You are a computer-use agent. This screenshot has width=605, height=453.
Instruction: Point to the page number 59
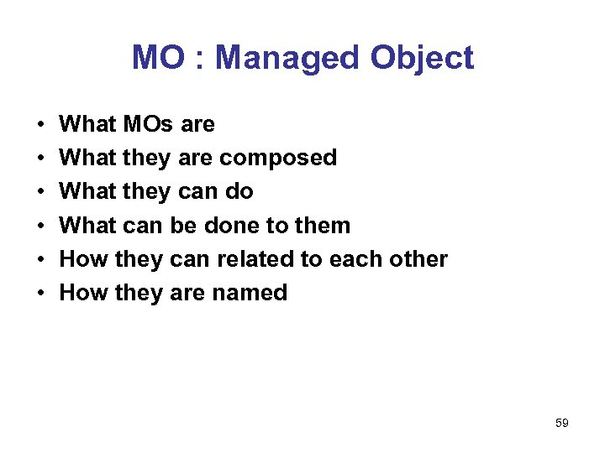pos(562,424)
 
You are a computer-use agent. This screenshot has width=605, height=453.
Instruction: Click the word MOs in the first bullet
pos(149,124)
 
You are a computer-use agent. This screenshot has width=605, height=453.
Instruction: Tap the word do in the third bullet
pos(239,191)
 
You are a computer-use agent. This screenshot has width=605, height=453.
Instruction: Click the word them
pos(323,225)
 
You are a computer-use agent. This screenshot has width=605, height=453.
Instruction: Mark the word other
pos(418,258)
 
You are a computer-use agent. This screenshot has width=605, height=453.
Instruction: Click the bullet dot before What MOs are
pos(41,125)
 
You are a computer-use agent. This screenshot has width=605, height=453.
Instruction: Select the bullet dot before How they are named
pos(41,294)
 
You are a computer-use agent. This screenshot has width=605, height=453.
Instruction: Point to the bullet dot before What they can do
pos(41,192)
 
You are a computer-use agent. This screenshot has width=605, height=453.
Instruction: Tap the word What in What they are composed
pos(88,158)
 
